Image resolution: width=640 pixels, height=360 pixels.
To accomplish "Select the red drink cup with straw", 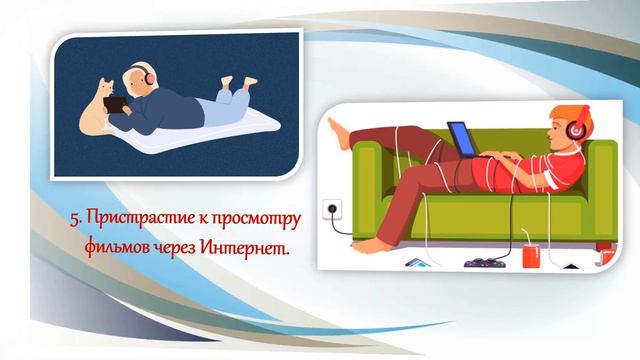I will coord(530,255).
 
